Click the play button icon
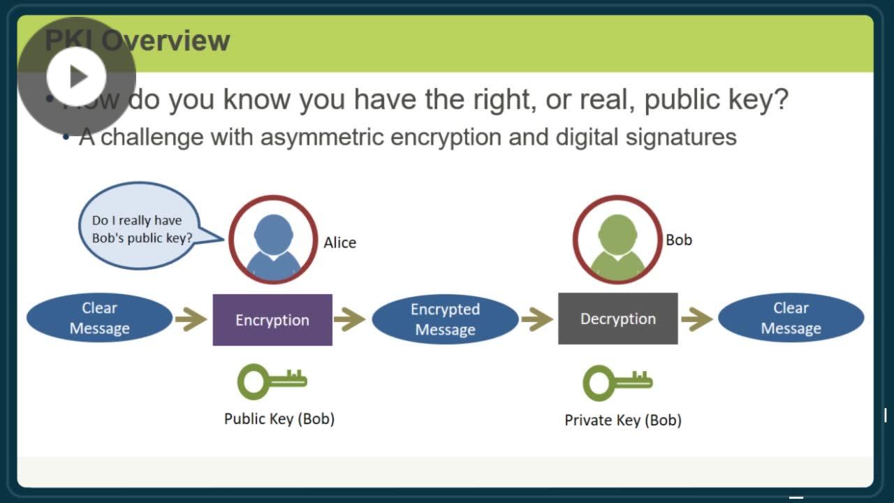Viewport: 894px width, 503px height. point(76,76)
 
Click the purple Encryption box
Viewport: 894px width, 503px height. point(272,320)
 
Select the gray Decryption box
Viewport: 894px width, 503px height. point(618,319)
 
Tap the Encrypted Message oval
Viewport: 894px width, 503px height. point(445,319)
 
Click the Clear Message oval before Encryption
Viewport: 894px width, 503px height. point(99,319)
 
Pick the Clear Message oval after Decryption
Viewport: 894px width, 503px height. point(791,319)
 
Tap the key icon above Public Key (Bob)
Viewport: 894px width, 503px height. point(272,381)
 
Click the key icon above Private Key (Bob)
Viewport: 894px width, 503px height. point(617,382)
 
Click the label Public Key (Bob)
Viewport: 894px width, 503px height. point(279,418)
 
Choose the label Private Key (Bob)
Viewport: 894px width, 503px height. point(623,420)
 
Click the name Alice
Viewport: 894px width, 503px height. point(339,242)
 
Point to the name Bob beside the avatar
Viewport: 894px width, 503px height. point(678,240)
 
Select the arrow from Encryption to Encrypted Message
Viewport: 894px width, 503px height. point(350,320)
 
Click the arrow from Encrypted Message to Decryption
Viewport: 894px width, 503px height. point(537,320)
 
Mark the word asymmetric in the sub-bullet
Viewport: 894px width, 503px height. point(322,136)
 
